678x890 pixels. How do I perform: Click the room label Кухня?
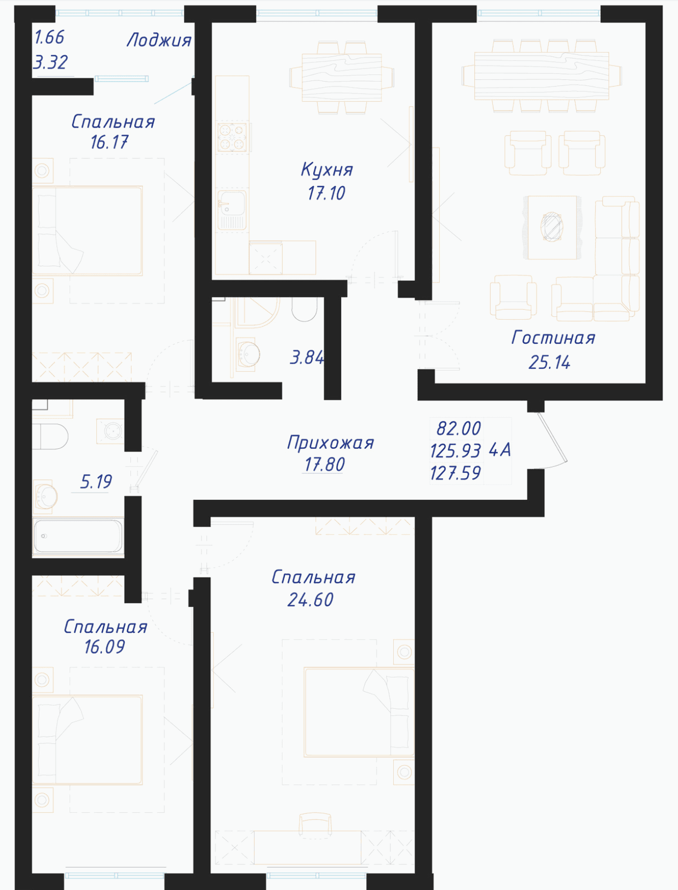326,170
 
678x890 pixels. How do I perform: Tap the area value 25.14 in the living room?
549,362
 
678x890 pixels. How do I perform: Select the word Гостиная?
553,338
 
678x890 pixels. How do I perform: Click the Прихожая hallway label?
330,443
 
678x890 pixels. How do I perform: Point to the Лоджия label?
159,40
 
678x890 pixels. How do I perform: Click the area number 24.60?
310,600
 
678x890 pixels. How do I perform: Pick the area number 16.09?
105,647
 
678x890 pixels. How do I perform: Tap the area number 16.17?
110,142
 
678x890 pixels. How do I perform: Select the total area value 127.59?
456,473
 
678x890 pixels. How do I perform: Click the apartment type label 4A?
499,450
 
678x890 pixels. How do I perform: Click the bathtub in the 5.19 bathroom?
78,536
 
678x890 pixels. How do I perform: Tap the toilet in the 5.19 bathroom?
50,437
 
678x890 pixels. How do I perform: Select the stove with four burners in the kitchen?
233,137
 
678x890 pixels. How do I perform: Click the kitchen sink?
232,210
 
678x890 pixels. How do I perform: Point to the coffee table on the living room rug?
552,227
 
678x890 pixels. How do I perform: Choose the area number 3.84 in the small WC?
307,357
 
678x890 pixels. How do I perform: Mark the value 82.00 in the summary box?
458,428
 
